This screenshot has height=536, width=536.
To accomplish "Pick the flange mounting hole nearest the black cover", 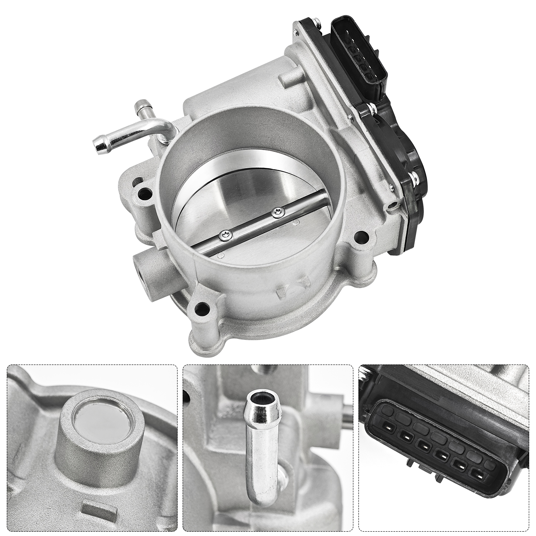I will [361, 236].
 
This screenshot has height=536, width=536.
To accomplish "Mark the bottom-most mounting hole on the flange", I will [202, 307].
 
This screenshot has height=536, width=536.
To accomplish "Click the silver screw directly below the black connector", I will [372, 106].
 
